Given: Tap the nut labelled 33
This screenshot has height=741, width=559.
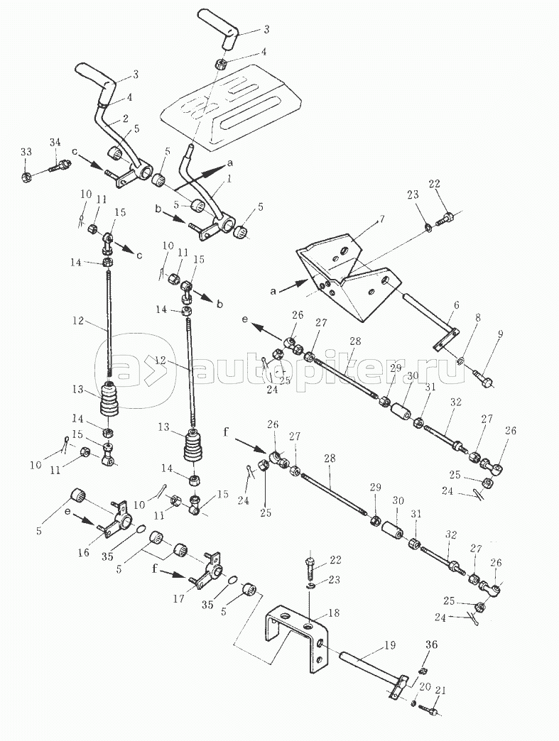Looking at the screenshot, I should click(x=24, y=175).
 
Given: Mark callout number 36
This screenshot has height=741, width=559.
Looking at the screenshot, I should click(x=432, y=644).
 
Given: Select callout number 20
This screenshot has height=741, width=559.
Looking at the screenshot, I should click(x=424, y=686).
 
